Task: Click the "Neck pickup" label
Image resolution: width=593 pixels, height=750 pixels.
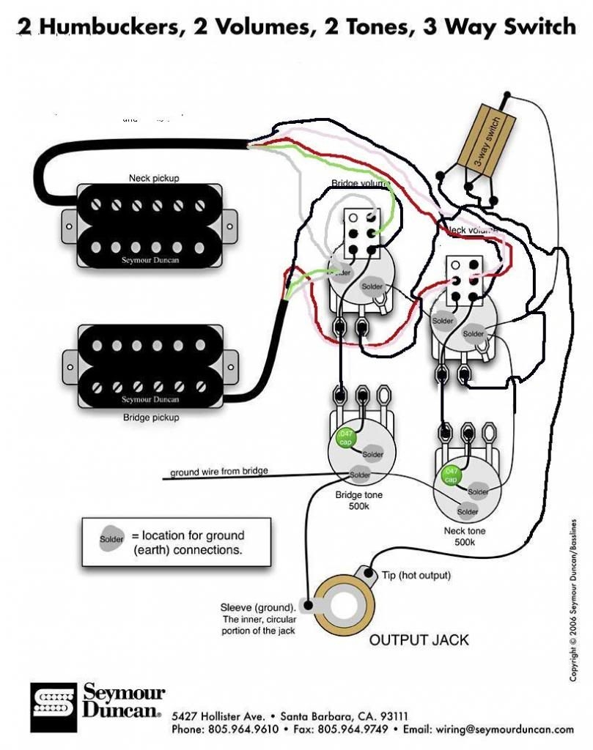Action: (x=154, y=178)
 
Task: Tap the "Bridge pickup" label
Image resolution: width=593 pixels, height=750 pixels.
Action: (x=152, y=417)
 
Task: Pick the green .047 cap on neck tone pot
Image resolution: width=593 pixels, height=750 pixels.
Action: (x=450, y=475)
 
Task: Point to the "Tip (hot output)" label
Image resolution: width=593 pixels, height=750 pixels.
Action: (x=416, y=575)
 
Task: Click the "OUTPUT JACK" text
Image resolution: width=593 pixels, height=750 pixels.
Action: (x=419, y=639)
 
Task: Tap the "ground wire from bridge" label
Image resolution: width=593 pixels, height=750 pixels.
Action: (x=219, y=472)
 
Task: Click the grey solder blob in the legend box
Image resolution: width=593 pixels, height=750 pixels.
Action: (x=112, y=539)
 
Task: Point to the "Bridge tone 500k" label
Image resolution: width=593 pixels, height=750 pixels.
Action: (x=359, y=500)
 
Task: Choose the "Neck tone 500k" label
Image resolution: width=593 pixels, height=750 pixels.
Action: (x=464, y=535)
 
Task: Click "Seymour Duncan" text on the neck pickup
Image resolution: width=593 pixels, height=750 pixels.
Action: (x=152, y=260)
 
